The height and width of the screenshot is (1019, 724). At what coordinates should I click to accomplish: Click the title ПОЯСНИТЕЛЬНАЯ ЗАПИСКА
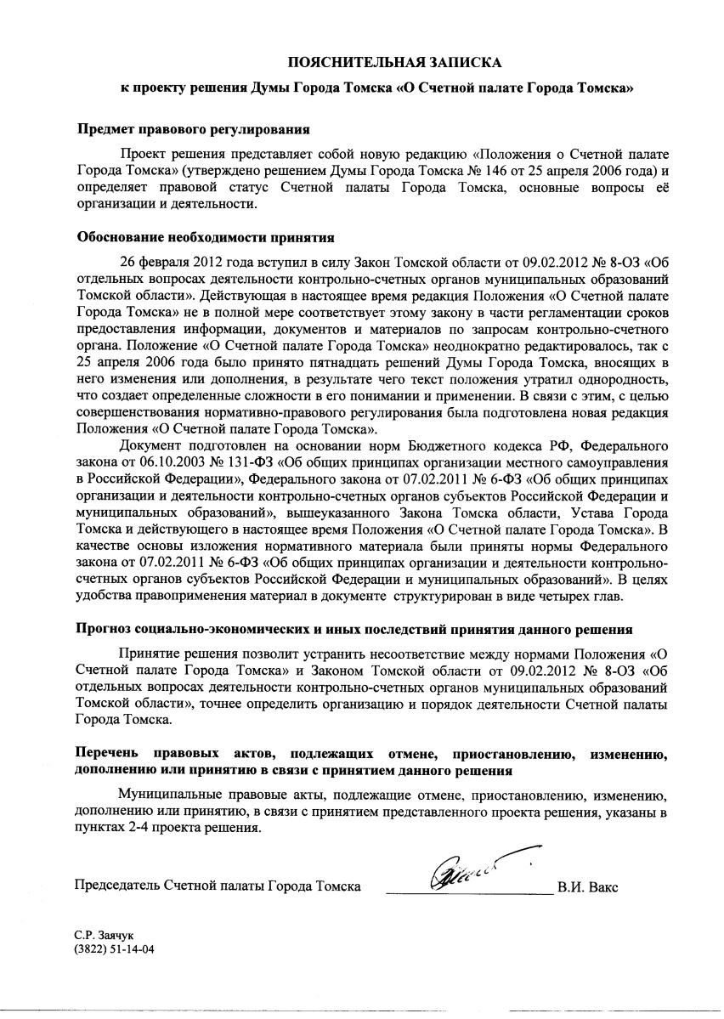394,62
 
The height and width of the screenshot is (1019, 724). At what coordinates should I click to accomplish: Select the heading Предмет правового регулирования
193,130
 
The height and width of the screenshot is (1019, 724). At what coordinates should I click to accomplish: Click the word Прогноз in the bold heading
105,630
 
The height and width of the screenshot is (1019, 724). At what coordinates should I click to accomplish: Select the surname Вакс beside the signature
601,887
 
